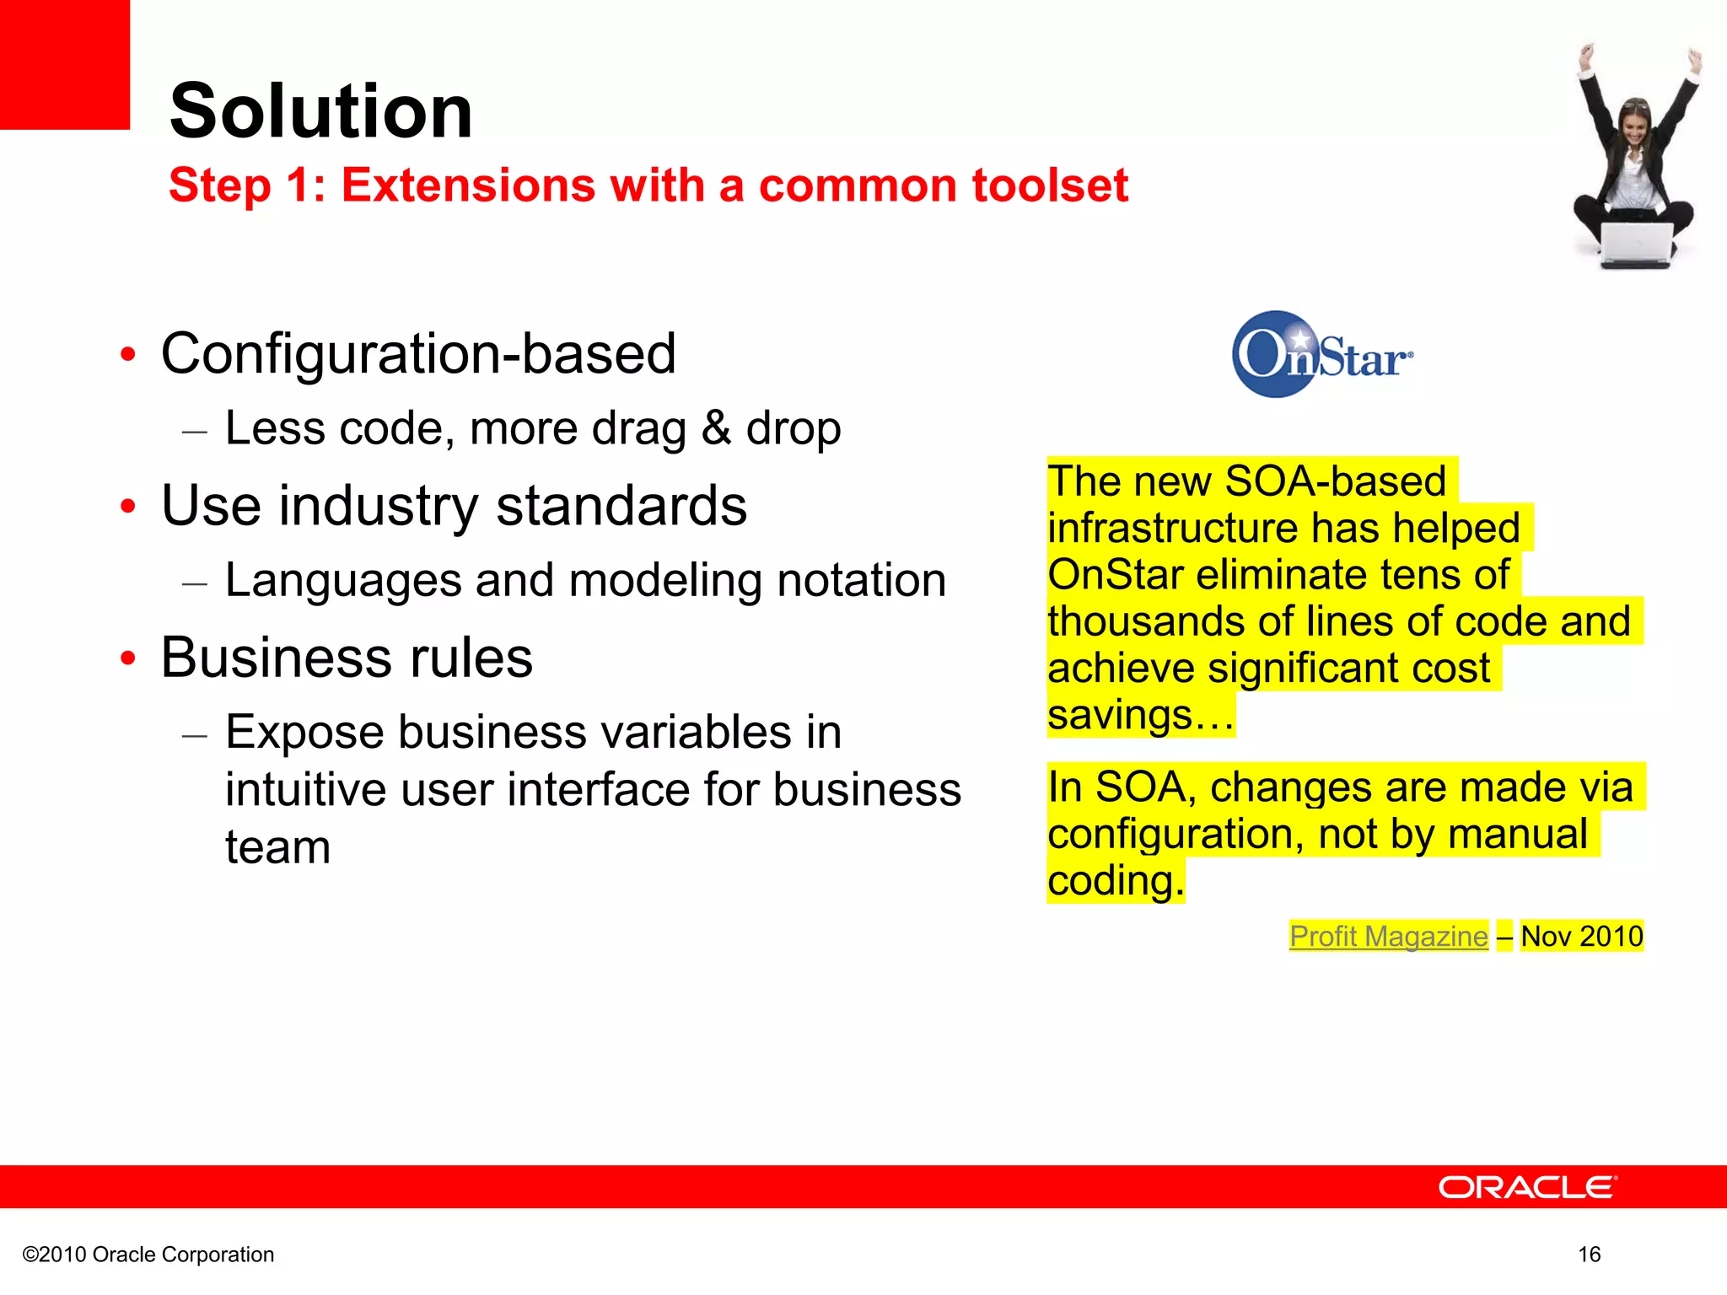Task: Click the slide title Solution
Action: point(320,111)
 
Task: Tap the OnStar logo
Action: point(1321,355)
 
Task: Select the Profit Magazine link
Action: point(1388,937)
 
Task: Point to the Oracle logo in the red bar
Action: point(1527,1187)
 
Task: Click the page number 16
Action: point(1589,1255)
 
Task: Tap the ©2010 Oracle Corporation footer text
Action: point(148,1255)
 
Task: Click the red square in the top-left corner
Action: point(64,64)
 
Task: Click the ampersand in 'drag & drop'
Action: point(716,427)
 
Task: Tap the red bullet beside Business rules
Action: point(127,658)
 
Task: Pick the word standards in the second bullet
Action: point(621,506)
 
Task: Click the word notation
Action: point(861,580)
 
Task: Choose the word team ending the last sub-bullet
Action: point(277,846)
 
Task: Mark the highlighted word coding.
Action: point(1116,881)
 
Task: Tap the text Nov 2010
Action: point(1582,937)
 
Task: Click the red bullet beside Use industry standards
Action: point(127,507)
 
